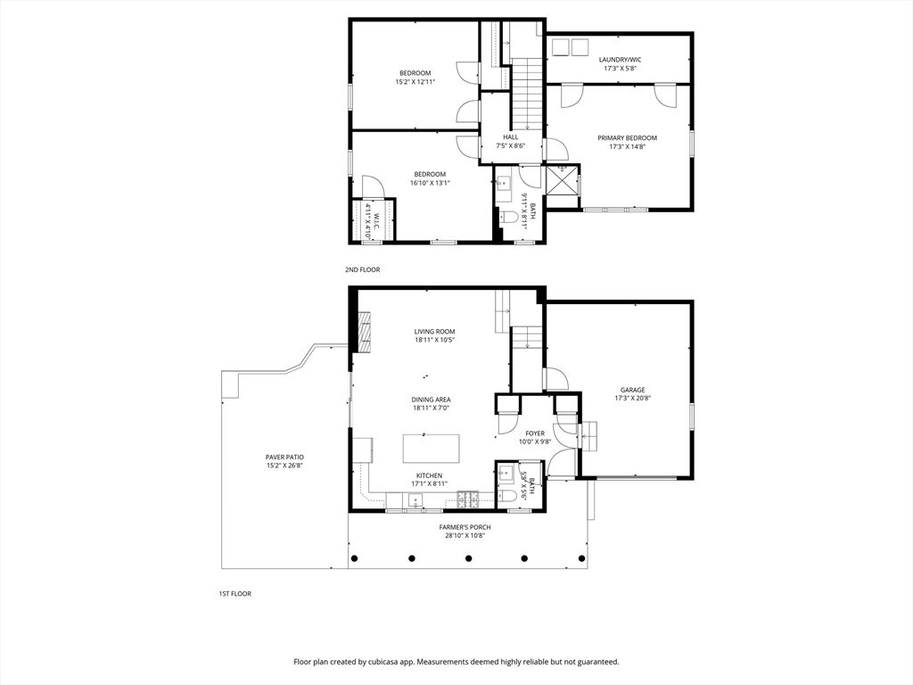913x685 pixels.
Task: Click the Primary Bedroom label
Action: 627,138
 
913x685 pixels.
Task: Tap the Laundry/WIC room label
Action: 621,60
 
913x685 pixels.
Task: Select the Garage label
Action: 632,391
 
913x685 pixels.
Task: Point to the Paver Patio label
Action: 284,458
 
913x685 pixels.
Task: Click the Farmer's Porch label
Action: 465,527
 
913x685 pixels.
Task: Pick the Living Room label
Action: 434,332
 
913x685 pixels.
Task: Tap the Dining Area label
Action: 431,400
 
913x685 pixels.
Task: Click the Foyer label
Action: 535,433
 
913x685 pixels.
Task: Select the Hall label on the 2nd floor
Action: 511,137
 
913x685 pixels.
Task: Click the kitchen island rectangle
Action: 431,449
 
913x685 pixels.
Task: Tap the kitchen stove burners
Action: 467,497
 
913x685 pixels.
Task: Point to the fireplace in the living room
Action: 365,332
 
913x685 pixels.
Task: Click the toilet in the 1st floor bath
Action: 508,497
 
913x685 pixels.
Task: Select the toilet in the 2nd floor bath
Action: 509,218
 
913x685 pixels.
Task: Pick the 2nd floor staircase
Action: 527,94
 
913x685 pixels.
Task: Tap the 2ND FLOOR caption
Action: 362,269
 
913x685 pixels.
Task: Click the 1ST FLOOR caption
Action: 234,593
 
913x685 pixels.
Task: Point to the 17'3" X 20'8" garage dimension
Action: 632,399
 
